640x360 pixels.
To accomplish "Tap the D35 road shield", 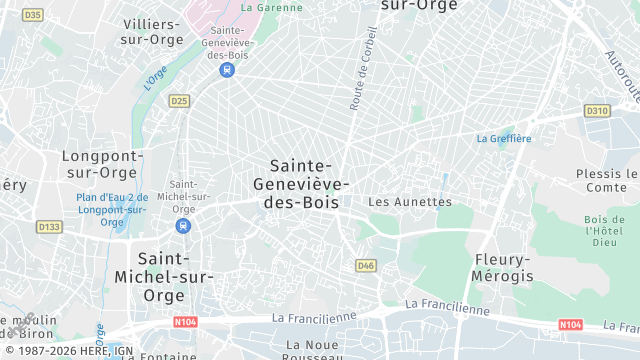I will point(33,14).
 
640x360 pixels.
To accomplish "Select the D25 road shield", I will point(179,100).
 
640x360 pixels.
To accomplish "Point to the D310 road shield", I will point(597,111).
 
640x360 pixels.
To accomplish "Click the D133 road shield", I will point(49,227).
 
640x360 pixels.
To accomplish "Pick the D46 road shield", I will point(365,265).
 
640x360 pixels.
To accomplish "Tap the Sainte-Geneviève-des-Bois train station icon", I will point(228,70).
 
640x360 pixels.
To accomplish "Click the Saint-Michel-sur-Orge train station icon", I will point(182,226).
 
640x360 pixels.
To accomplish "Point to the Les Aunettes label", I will point(410,201).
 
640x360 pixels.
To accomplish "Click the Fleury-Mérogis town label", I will point(503,266).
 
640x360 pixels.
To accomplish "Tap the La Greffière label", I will point(504,138).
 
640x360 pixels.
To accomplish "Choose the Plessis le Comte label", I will point(607,180).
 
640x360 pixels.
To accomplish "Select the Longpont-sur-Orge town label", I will point(103,164).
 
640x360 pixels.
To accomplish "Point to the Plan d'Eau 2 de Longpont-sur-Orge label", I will point(113,209).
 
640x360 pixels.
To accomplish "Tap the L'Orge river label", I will point(155,76).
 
